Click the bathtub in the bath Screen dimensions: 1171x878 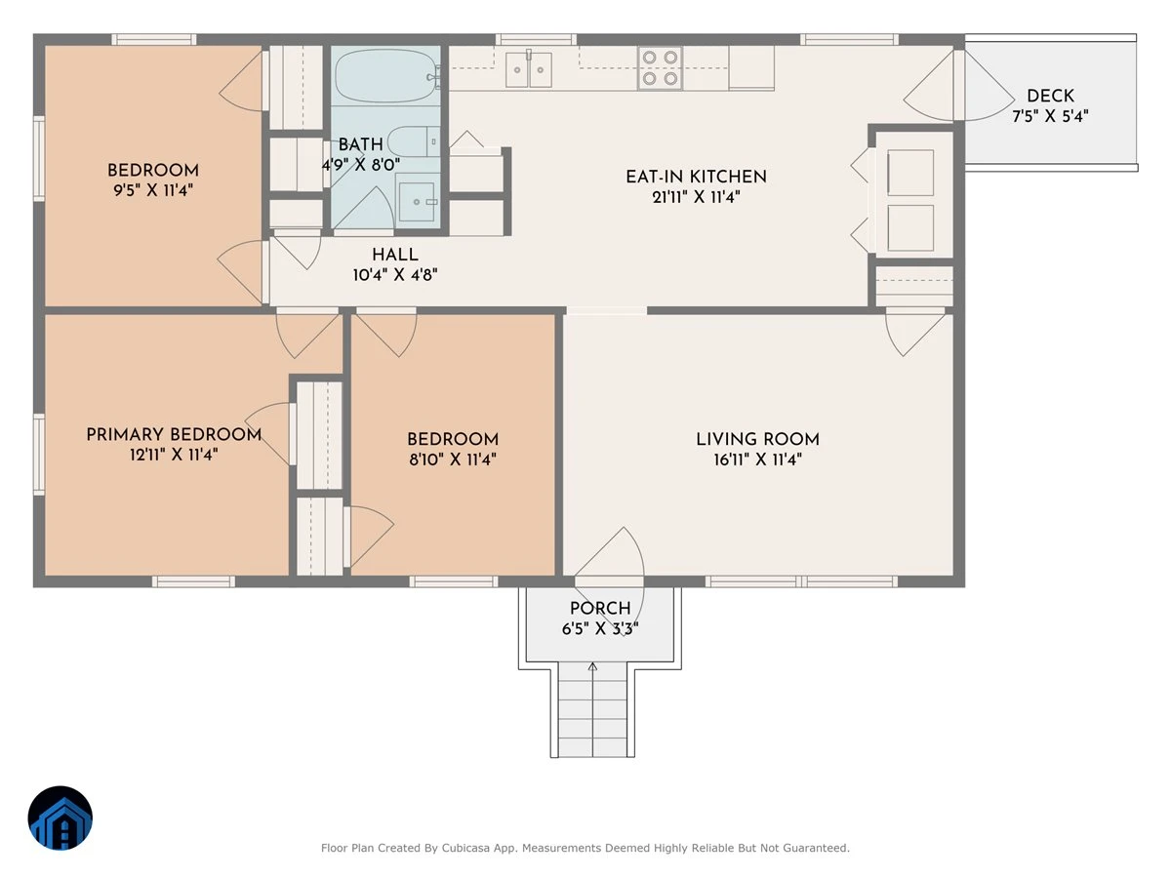pos(386,76)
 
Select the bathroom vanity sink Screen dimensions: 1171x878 pos(419,202)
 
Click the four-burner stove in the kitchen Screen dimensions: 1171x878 pos(660,67)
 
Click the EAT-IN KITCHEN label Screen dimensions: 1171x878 pos(696,177)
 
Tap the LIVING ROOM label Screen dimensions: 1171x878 pos(757,439)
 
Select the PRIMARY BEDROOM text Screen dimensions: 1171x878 pos(174,434)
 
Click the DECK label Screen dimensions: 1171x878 pos(1050,96)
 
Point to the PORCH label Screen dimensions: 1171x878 pos(600,608)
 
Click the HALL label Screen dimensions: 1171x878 pos(395,255)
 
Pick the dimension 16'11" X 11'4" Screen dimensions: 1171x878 pos(757,459)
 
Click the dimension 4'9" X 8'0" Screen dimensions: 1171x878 pos(361,165)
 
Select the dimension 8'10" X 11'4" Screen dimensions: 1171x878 pos(453,459)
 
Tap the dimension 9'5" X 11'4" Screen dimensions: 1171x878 pos(153,190)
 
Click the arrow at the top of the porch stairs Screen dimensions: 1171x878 pos(592,667)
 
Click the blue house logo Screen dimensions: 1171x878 pos(61,818)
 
